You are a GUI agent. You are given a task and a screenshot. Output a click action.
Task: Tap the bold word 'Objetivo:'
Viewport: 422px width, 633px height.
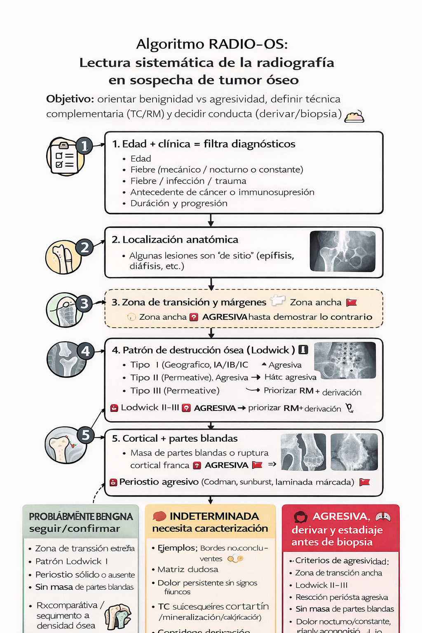(70, 99)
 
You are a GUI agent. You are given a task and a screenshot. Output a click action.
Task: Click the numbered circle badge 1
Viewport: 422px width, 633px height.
(84, 145)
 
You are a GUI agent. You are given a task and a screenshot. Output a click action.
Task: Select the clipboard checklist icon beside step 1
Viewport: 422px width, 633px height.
(64, 157)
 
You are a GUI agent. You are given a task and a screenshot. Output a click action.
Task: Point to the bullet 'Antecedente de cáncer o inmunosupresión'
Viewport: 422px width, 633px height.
(222, 192)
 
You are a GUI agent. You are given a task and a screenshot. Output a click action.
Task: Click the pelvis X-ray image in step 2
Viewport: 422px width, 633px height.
(342, 251)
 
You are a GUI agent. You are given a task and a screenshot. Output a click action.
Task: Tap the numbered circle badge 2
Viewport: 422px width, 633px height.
(84, 247)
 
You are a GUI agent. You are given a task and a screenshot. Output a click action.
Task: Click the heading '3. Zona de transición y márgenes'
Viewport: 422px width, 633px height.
(189, 302)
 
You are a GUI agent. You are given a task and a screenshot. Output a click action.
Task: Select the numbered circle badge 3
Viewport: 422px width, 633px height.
(84, 304)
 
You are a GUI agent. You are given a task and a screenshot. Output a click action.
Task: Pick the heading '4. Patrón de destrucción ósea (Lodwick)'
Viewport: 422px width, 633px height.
(203, 350)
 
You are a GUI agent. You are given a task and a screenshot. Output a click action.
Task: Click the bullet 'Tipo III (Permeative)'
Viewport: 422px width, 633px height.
(175, 391)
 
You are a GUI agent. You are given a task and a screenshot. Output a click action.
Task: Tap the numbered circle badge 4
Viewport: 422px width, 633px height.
(85, 351)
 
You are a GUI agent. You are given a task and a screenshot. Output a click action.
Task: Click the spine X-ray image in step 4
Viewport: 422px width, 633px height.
(345, 360)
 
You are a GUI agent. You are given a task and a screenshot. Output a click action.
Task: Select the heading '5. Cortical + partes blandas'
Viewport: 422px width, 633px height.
(175, 438)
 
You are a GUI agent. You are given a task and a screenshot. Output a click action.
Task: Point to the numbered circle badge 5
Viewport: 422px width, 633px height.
(85, 435)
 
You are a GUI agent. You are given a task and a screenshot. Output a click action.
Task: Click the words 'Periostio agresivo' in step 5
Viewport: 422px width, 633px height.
(159, 482)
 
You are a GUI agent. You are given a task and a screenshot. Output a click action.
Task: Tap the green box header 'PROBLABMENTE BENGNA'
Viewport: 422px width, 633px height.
(81, 517)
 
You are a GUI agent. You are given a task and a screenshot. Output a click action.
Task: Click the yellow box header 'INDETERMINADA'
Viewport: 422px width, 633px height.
(214, 516)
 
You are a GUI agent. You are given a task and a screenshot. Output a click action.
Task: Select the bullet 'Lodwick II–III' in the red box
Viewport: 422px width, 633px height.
(321, 585)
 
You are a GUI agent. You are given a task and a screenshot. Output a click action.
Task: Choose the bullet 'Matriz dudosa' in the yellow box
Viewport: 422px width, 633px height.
(188, 570)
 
